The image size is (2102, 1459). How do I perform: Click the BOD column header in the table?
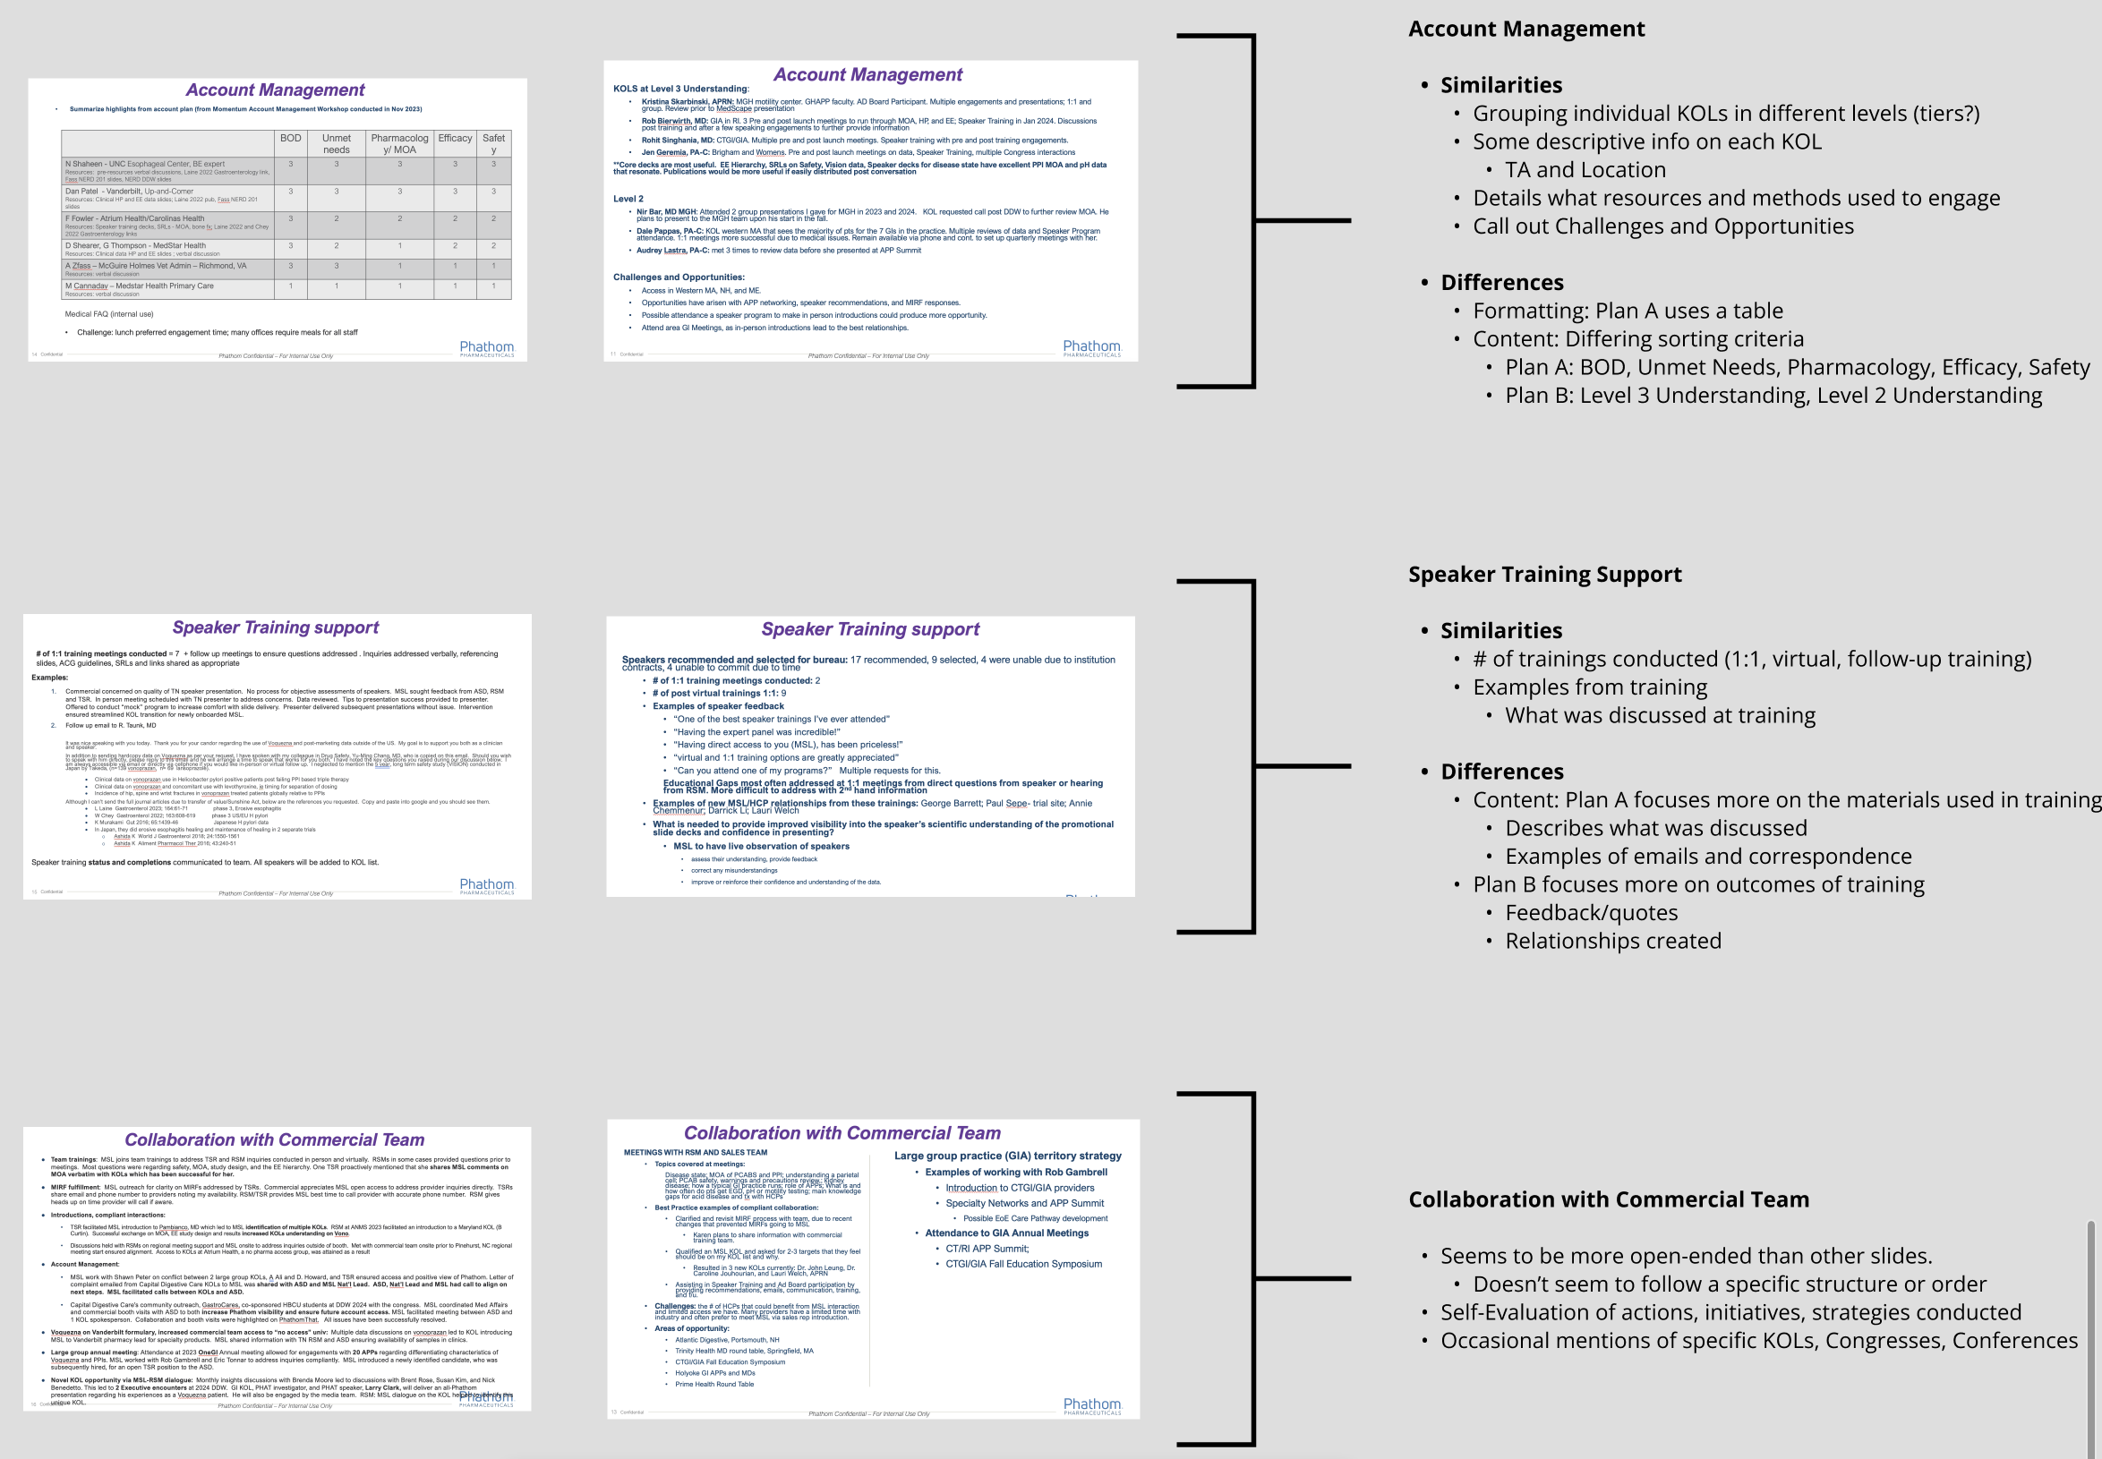291,139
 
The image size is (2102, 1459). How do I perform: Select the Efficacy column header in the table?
455,139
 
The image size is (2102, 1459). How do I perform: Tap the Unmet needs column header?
336,143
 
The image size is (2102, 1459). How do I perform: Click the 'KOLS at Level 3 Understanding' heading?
680,89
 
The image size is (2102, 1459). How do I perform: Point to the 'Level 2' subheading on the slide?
628,199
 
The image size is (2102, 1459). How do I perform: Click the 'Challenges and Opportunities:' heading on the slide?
679,277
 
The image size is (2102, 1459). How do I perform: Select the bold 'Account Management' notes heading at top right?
1526,30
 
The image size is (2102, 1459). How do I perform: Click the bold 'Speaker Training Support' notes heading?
1544,574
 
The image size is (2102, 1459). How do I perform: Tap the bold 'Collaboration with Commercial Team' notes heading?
1608,1199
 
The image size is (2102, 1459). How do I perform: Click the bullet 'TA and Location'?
1585,170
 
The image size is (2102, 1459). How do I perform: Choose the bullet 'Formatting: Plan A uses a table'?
1628,311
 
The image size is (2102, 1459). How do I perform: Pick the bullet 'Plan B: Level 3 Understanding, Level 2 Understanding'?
1773,395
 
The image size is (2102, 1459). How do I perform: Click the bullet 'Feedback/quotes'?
1591,912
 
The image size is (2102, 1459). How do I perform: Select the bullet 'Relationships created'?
1613,941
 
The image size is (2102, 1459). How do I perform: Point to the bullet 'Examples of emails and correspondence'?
1708,856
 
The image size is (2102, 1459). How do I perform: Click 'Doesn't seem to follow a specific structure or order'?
1729,1284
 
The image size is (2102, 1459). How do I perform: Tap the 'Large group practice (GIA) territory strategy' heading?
1007,1156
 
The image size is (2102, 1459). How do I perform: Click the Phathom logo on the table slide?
486,348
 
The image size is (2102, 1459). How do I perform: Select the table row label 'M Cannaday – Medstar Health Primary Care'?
139,286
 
